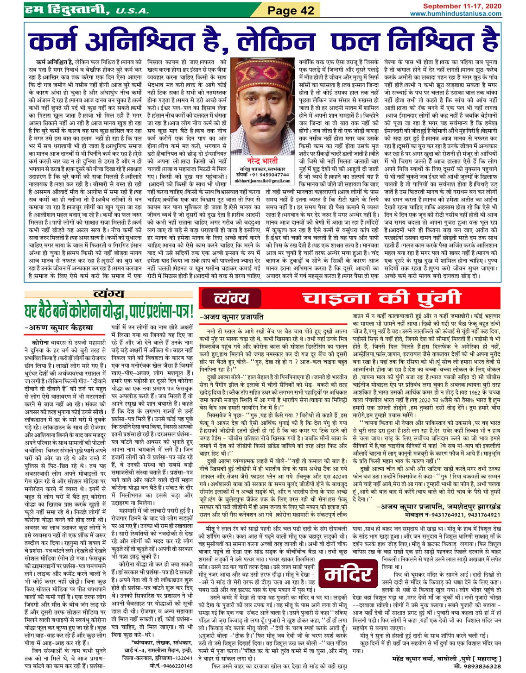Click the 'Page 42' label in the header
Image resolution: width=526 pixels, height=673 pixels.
pyautogui.click(x=291, y=10)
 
